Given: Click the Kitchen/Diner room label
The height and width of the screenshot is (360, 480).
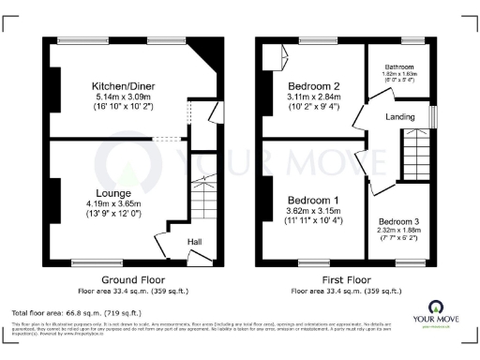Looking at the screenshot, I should click(130, 83).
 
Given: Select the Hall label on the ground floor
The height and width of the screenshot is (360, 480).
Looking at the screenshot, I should click(195, 242).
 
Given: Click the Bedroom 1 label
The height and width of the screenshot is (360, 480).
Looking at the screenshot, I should click(313, 202).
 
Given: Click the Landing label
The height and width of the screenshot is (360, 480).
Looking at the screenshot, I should click(400, 116).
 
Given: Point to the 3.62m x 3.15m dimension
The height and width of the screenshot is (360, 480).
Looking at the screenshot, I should click(313, 212).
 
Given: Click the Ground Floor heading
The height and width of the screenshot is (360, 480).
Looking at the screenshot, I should click(131, 279).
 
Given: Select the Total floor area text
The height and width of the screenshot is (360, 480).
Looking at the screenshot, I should click(76, 312).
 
